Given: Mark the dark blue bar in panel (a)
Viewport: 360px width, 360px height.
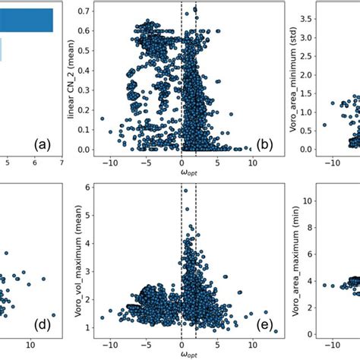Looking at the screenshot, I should click(x=27, y=20).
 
